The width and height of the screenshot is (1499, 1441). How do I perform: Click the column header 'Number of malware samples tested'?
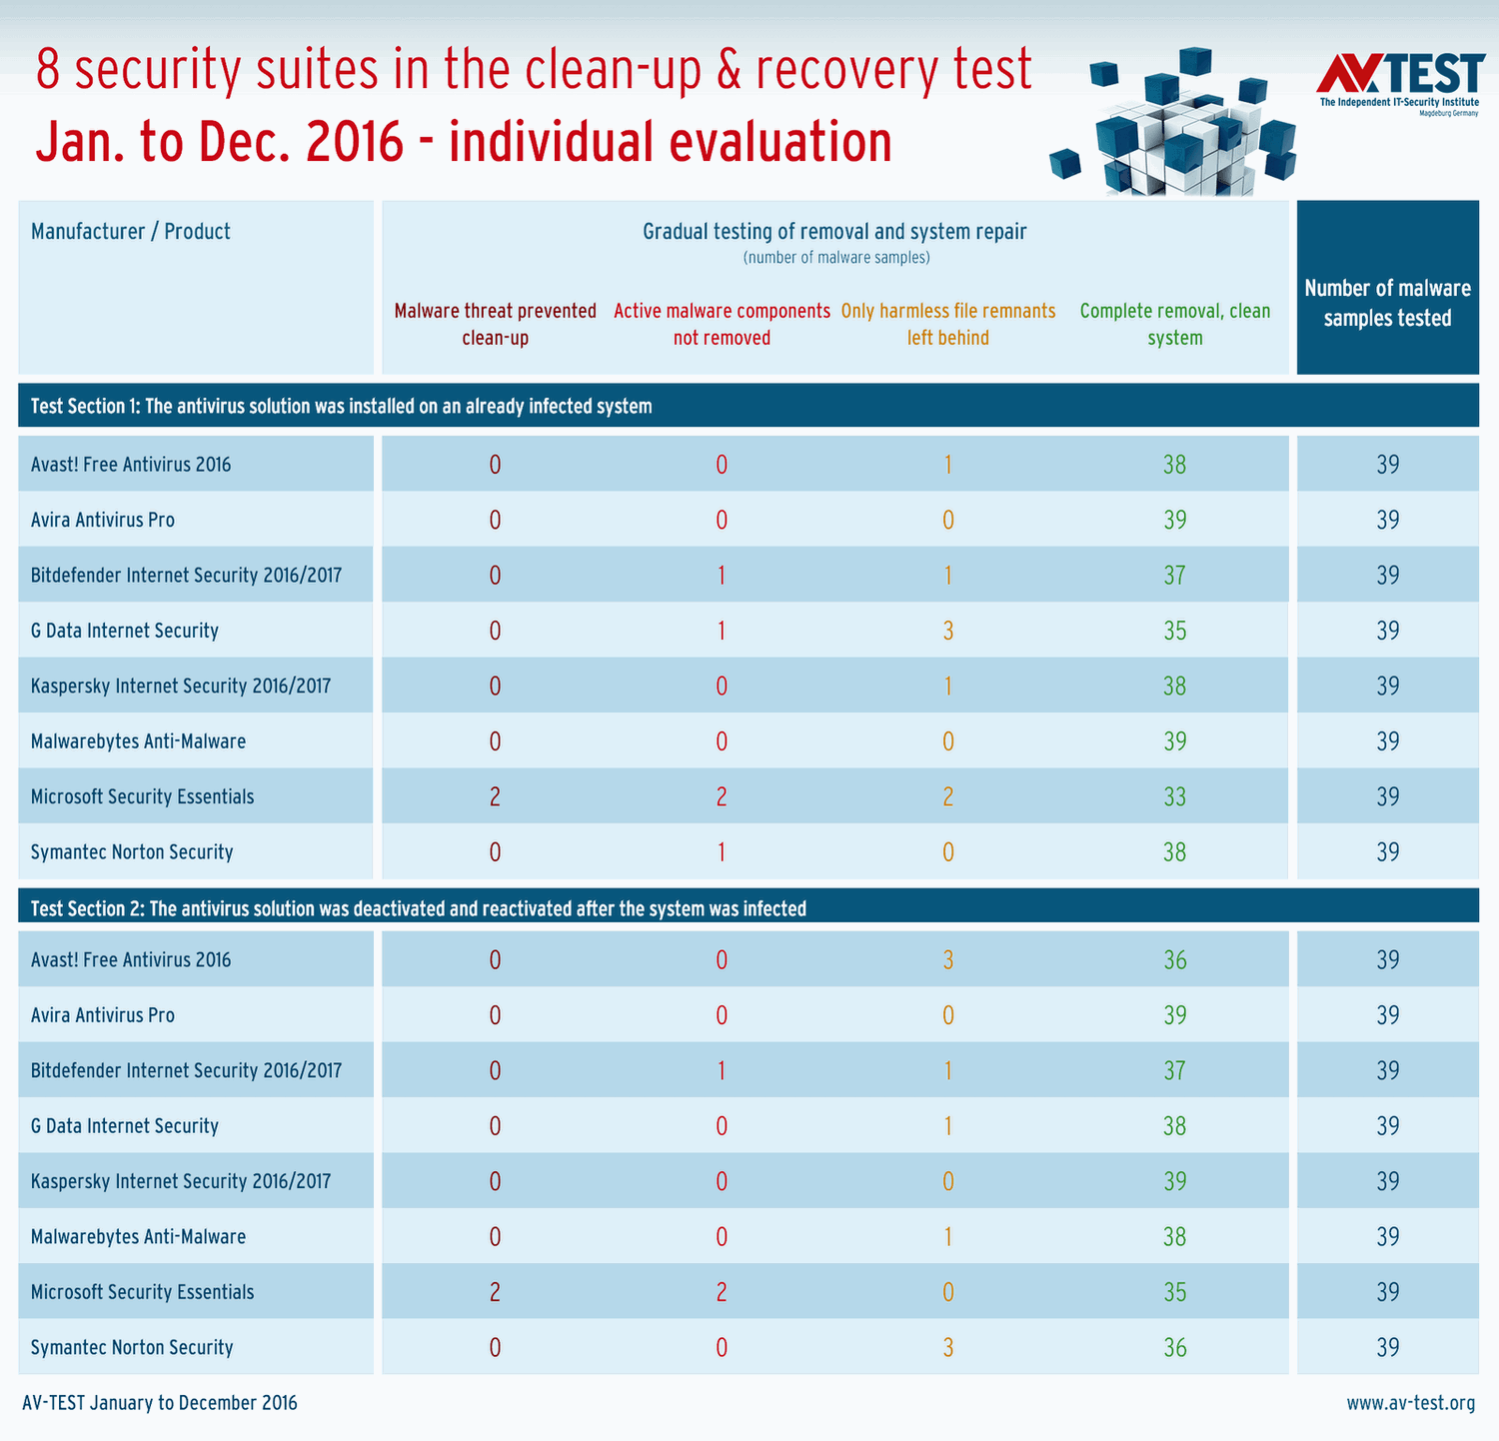point(1387,303)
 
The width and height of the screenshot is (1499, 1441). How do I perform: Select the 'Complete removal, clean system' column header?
point(1174,324)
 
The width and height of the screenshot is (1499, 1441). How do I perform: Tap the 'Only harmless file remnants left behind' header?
point(947,324)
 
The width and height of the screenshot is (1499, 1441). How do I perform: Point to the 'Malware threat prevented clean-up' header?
point(495,324)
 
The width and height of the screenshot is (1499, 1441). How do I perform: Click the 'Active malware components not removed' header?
point(722,324)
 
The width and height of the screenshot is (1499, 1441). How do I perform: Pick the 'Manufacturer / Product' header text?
point(131,232)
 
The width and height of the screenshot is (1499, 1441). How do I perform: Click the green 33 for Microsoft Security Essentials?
point(1174,796)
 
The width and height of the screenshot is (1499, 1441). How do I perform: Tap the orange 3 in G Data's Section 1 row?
point(948,631)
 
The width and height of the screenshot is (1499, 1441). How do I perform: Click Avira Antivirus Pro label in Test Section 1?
point(103,520)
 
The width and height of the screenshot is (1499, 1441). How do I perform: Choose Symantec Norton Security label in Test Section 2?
point(132,1347)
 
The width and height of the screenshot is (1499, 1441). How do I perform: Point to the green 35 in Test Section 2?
point(1174,1292)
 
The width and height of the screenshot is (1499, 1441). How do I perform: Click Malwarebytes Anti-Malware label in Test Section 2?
point(138,1236)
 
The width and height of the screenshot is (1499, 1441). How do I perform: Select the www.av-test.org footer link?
point(1410,1403)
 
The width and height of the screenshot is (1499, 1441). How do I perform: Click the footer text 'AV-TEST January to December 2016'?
point(160,1403)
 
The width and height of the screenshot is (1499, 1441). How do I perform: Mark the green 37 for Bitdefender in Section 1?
point(1174,575)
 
